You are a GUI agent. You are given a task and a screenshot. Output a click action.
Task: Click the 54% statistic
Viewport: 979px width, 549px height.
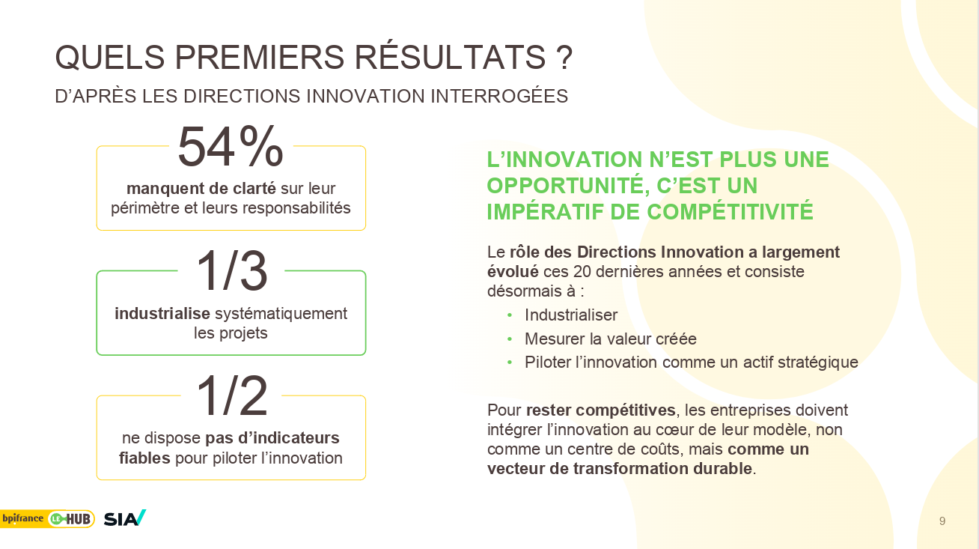[x=231, y=146]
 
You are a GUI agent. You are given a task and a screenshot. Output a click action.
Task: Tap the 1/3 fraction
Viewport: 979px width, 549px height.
[x=231, y=271]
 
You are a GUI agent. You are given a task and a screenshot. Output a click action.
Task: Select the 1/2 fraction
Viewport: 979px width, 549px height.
[x=231, y=395]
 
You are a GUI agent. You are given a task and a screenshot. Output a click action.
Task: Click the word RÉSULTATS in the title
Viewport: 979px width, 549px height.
[x=450, y=57]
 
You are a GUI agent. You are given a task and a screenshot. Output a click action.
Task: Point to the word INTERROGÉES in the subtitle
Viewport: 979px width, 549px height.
[x=499, y=96]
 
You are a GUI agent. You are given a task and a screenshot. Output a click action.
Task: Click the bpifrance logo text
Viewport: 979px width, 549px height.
[x=22, y=518]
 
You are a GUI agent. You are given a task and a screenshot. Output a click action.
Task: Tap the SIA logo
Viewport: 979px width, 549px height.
[x=124, y=518]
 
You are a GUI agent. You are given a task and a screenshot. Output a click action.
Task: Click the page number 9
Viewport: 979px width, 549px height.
[x=942, y=521]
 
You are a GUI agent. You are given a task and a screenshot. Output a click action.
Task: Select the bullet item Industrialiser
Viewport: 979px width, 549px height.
[x=571, y=315]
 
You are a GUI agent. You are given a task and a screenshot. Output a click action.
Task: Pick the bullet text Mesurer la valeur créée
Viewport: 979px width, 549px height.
[x=610, y=339]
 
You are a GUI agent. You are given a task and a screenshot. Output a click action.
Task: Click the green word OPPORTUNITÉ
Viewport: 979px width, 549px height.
[x=568, y=185]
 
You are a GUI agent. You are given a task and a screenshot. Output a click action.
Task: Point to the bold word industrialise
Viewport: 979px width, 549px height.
[x=162, y=313]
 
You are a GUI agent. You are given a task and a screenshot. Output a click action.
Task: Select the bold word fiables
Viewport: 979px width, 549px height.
[x=144, y=458]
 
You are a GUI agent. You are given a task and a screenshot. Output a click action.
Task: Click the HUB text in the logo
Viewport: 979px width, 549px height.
[x=78, y=519]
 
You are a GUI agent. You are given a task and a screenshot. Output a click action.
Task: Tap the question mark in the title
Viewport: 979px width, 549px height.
[x=564, y=58]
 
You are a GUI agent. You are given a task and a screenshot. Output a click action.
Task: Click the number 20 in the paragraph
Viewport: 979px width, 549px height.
[x=582, y=272]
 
